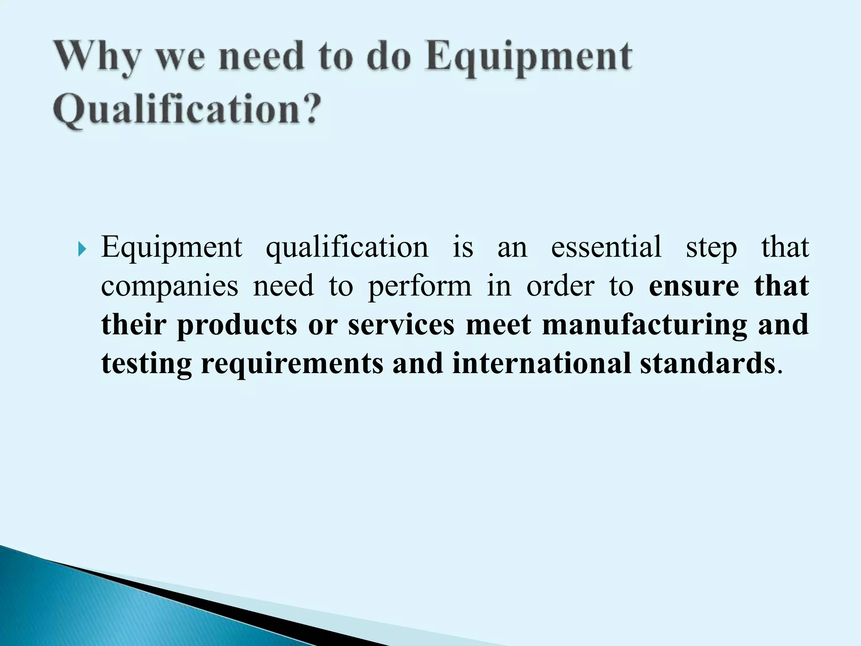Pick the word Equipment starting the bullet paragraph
tap(172, 248)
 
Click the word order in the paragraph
tap(560, 286)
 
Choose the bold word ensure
tap(694, 286)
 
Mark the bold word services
tap(401, 325)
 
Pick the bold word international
tap(541, 363)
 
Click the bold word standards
tap(708, 363)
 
